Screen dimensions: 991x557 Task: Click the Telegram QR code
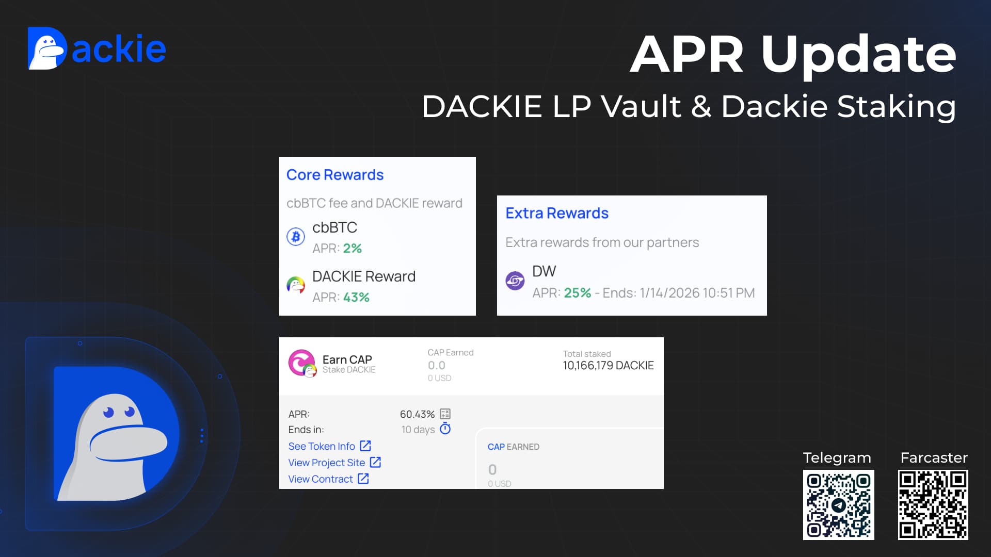pos(838,505)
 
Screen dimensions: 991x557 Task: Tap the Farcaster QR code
pos(933,505)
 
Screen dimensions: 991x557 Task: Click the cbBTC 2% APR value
pos(352,248)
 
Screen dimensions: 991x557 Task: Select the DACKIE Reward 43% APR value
pos(356,297)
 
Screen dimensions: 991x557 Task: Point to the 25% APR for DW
pos(577,293)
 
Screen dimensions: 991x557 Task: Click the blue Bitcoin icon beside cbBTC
pos(296,237)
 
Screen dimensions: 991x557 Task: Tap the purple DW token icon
pos(515,281)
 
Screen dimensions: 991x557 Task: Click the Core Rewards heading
pos(335,175)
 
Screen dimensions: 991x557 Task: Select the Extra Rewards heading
pos(557,213)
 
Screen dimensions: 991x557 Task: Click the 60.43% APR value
pos(417,414)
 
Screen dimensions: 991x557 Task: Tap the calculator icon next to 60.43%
pos(445,414)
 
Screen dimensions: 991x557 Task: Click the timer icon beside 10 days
pos(445,429)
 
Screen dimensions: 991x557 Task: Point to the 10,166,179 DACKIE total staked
pos(608,366)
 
